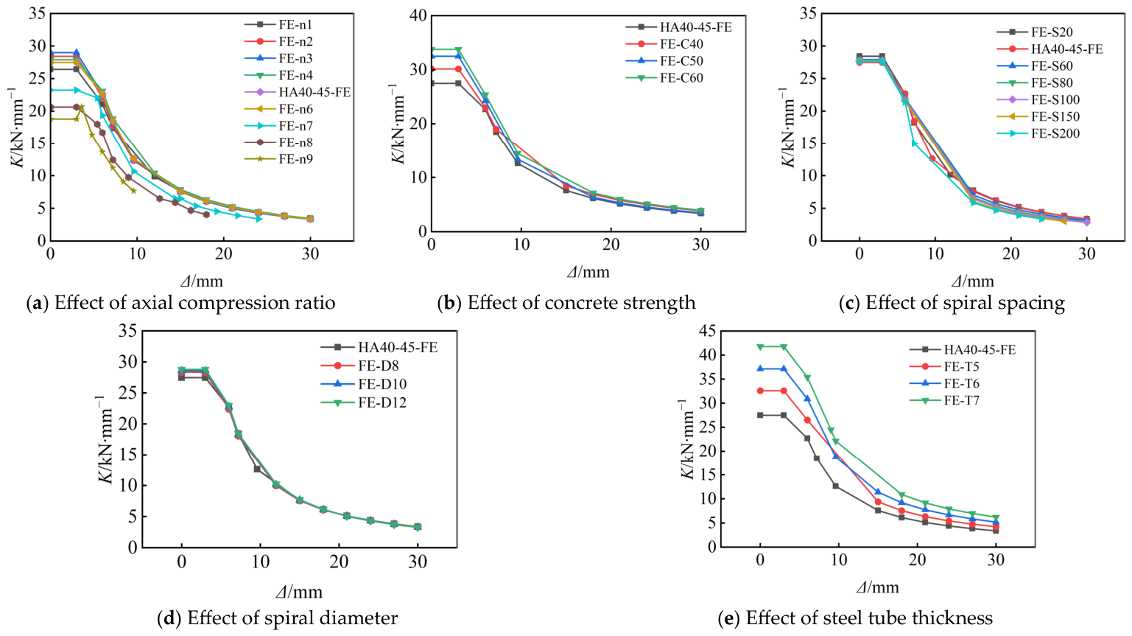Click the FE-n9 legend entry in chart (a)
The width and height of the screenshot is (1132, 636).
coord(278,159)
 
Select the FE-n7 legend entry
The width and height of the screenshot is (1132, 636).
coord(278,125)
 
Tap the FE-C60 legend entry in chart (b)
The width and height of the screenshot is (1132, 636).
coord(664,78)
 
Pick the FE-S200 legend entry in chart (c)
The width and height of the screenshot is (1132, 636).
coord(1038,133)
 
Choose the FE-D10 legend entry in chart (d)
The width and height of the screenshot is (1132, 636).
coord(363,384)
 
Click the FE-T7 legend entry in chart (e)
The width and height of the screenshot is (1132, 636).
coord(944,400)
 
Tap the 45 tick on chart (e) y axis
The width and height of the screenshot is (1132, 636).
coord(706,331)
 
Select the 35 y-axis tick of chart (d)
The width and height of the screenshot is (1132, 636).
coord(127,331)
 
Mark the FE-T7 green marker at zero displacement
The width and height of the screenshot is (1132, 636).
coord(759,347)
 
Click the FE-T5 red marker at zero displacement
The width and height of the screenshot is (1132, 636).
coord(759,391)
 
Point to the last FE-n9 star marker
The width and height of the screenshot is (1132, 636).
coord(133,191)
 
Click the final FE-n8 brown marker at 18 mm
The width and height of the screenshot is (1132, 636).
coord(206,214)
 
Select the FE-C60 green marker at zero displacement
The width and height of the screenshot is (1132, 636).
coord(432,50)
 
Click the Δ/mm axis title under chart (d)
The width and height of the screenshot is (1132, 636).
coord(299,591)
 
